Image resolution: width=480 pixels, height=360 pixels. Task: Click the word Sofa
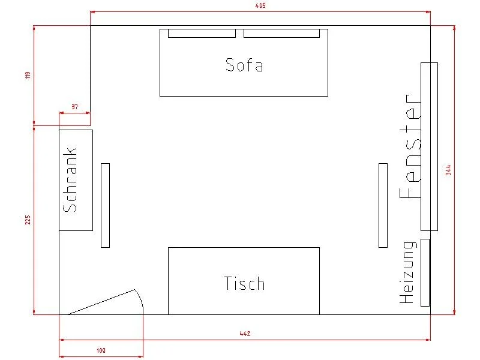244,65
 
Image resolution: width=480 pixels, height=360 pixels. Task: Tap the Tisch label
244,283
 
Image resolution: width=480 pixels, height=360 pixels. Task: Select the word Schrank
70,179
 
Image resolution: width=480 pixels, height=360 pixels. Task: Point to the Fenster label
410,146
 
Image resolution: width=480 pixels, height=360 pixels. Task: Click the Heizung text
408,272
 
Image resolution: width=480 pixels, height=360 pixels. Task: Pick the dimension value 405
260,5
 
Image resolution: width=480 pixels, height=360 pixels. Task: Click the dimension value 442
245,334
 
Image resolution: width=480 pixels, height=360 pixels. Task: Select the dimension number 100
101,350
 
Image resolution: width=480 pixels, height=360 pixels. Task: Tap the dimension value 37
74,107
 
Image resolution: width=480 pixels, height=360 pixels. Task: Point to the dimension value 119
28,76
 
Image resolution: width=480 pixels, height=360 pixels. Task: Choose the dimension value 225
28,220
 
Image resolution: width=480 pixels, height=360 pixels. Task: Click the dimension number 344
448,170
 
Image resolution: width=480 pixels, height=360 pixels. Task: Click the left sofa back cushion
202,34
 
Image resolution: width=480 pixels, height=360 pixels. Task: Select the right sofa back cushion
281,34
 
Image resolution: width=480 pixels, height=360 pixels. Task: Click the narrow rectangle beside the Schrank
106,205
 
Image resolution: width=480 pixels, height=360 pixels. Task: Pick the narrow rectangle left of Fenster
383,205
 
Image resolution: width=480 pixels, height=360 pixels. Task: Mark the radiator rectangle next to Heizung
425,272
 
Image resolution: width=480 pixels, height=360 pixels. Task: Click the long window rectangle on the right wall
429,146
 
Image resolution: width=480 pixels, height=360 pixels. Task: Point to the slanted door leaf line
101,302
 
